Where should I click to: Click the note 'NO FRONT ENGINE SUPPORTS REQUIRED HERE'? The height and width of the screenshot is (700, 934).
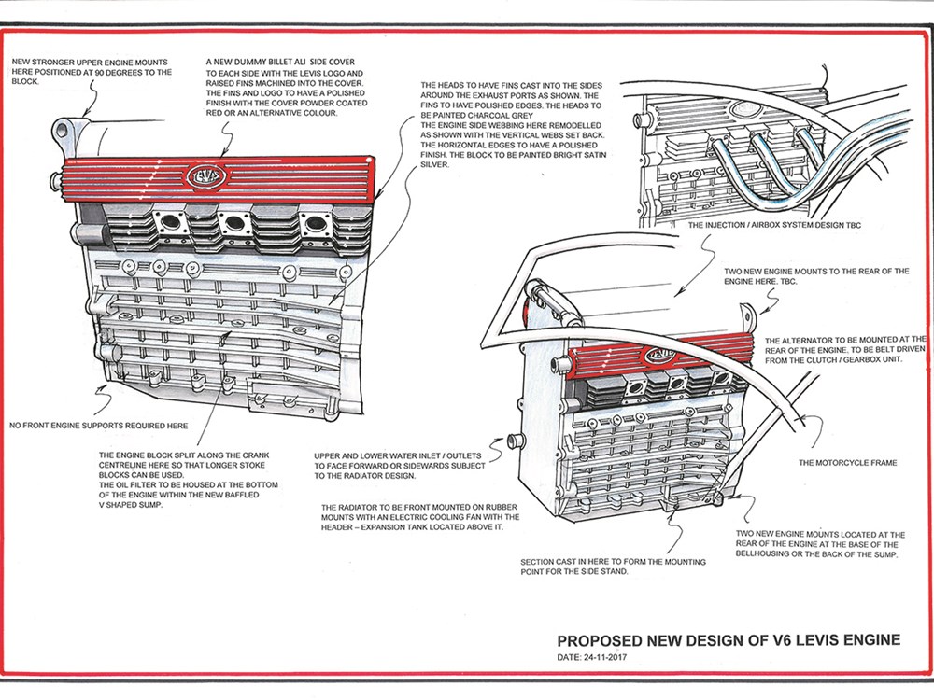100,426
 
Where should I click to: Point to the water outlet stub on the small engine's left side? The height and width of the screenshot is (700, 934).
512,440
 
